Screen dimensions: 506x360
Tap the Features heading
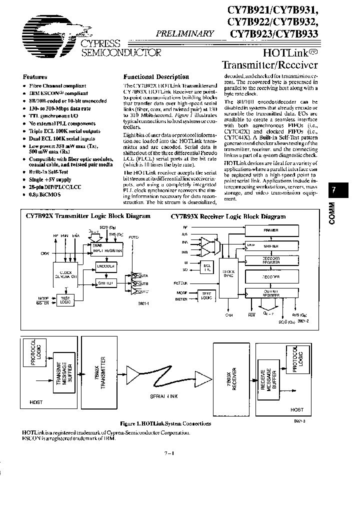[35, 77]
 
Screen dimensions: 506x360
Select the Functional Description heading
[156, 77]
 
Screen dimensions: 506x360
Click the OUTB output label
[144, 283]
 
